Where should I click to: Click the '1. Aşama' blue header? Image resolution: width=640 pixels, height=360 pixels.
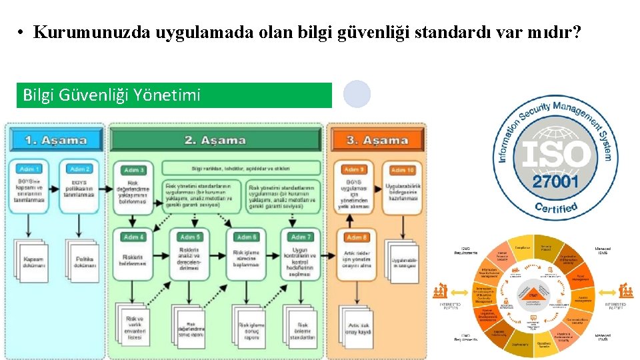click(56, 140)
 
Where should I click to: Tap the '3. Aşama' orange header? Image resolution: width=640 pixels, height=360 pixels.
click(377, 140)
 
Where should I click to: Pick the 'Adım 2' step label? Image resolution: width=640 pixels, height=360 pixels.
click(80, 169)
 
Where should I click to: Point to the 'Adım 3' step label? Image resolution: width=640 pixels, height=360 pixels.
click(134, 170)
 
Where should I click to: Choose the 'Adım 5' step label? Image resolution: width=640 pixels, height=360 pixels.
click(191, 237)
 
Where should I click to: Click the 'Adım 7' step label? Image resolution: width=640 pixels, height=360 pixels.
click(301, 237)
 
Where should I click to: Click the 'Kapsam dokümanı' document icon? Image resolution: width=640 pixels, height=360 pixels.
click(33, 262)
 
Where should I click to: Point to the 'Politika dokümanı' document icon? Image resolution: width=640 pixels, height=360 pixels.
click(83, 262)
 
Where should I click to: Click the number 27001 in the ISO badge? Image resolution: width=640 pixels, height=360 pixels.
click(556, 182)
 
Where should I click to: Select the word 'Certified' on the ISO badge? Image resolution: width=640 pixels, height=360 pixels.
click(556, 208)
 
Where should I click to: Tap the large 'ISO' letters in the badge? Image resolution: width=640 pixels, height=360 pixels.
click(556, 155)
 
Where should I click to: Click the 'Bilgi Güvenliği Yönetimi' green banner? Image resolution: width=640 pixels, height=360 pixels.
click(174, 95)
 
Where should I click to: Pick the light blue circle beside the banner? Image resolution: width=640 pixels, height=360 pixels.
click(357, 95)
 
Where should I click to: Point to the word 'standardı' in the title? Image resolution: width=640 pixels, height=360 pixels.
click(454, 32)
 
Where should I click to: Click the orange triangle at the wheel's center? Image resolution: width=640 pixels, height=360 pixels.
click(533, 294)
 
